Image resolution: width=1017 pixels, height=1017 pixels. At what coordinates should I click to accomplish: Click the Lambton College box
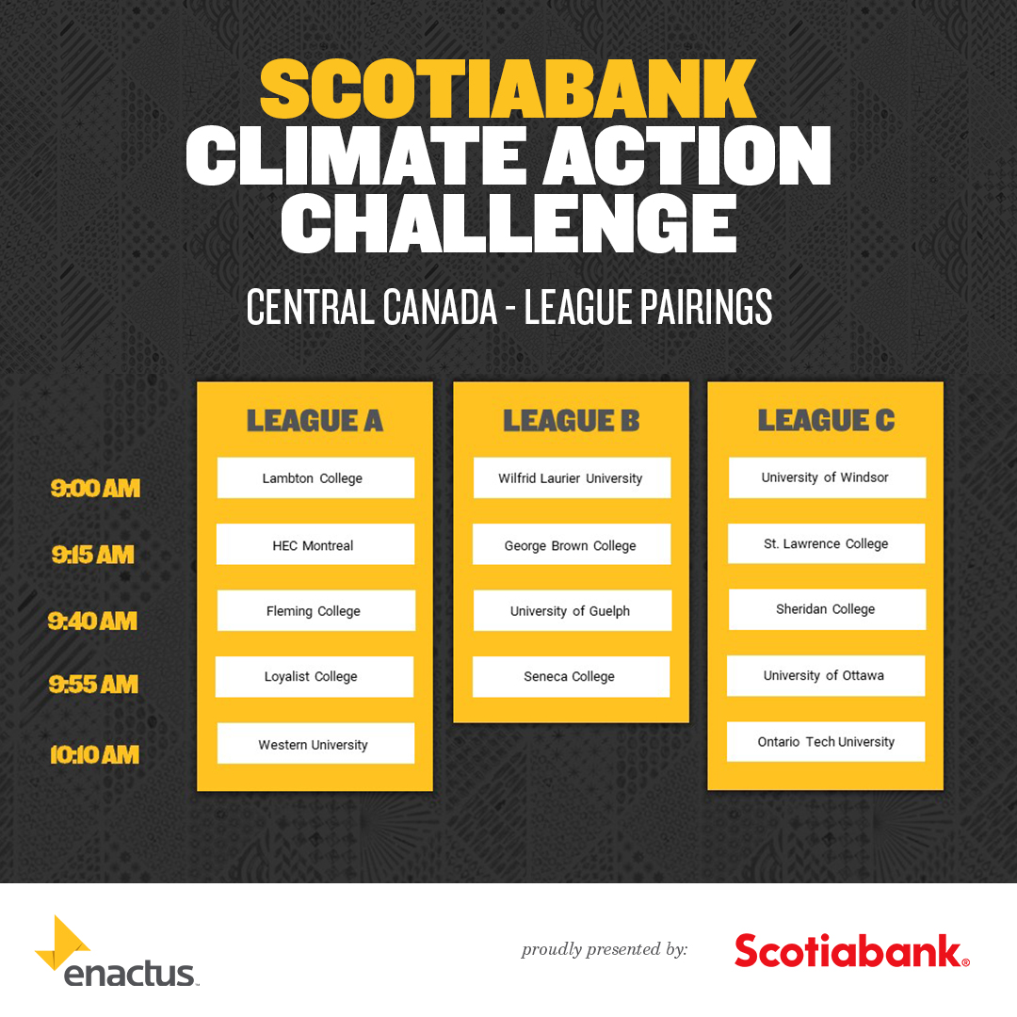click(x=315, y=478)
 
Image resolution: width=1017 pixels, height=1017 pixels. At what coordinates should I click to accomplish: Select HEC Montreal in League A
click(x=315, y=545)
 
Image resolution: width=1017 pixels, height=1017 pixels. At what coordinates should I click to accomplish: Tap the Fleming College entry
click(x=315, y=611)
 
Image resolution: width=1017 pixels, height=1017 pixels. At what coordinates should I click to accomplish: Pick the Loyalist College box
click(x=315, y=677)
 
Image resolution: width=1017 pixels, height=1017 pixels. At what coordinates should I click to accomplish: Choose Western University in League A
click(x=315, y=744)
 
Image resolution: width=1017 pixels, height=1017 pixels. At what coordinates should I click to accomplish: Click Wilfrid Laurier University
click(x=572, y=478)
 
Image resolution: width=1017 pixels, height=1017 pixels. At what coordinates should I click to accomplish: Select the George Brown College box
click(x=572, y=545)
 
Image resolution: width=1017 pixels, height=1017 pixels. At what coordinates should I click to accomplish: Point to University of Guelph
click(x=572, y=611)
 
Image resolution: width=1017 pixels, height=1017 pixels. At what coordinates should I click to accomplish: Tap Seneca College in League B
click(x=571, y=677)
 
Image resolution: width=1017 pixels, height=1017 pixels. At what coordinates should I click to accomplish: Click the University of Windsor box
click(x=827, y=477)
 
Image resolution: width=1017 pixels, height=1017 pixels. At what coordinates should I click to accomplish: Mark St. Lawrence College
click(x=827, y=544)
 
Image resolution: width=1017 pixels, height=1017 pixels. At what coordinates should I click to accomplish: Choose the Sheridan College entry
click(x=827, y=610)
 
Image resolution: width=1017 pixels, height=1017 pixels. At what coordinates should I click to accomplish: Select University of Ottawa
click(x=826, y=676)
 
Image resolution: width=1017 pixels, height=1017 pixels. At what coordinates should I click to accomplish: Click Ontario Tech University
click(x=826, y=742)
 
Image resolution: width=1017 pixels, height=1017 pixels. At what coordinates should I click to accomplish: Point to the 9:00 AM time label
click(x=95, y=489)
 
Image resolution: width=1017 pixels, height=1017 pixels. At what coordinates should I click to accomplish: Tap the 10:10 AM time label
click(x=94, y=754)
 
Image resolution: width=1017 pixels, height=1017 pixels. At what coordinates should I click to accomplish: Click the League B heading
click(x=571, y=421)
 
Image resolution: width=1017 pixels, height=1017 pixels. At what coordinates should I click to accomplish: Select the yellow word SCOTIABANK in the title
click(x=508, y=90)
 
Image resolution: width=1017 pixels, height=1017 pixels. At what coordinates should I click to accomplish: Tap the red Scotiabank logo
click(x=851, y=950)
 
